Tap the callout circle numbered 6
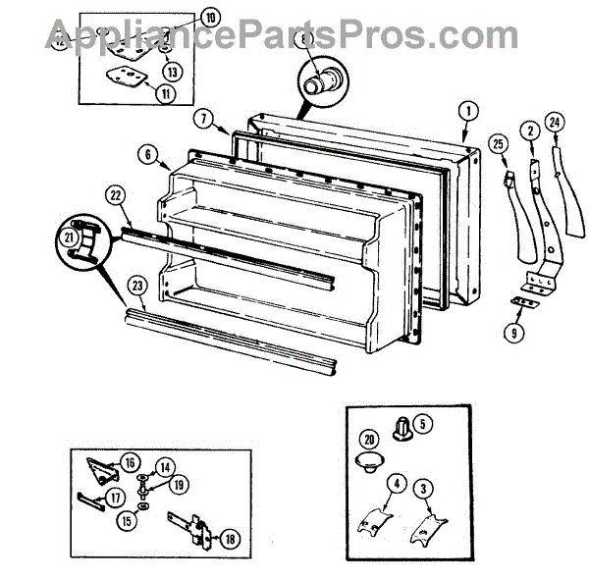(x=148, y=155)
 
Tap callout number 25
(x=498, y=146)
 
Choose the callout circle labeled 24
(x=555, y=123)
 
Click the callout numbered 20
(x=369, y=439)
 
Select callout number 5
(x=421, y=425)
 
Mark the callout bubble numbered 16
(x=131, y=462)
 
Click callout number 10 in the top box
(x=212, y=16)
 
